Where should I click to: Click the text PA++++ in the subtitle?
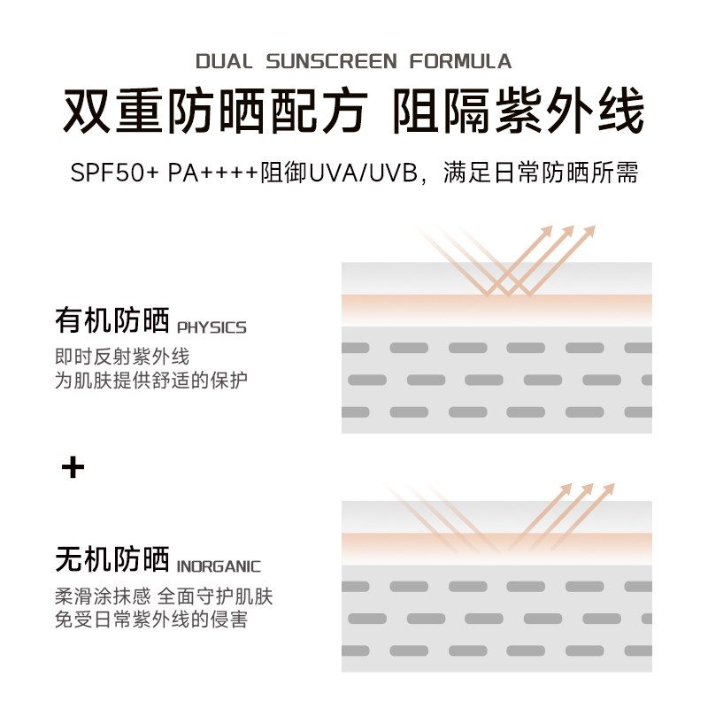(x=213, y=173)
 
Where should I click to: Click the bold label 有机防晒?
(x=112, y=320)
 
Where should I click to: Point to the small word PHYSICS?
(x=212, y=327)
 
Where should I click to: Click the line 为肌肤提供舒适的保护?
(x=151, y=381)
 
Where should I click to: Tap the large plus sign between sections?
(x=73, y=467)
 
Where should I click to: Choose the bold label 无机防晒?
(x=112, y=559)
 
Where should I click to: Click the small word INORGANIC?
(x=219, y=566)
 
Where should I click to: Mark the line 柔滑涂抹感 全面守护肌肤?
(x=164, y=596)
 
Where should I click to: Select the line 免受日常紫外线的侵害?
(x=151, y=619)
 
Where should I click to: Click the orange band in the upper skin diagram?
(x=496, y=309)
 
